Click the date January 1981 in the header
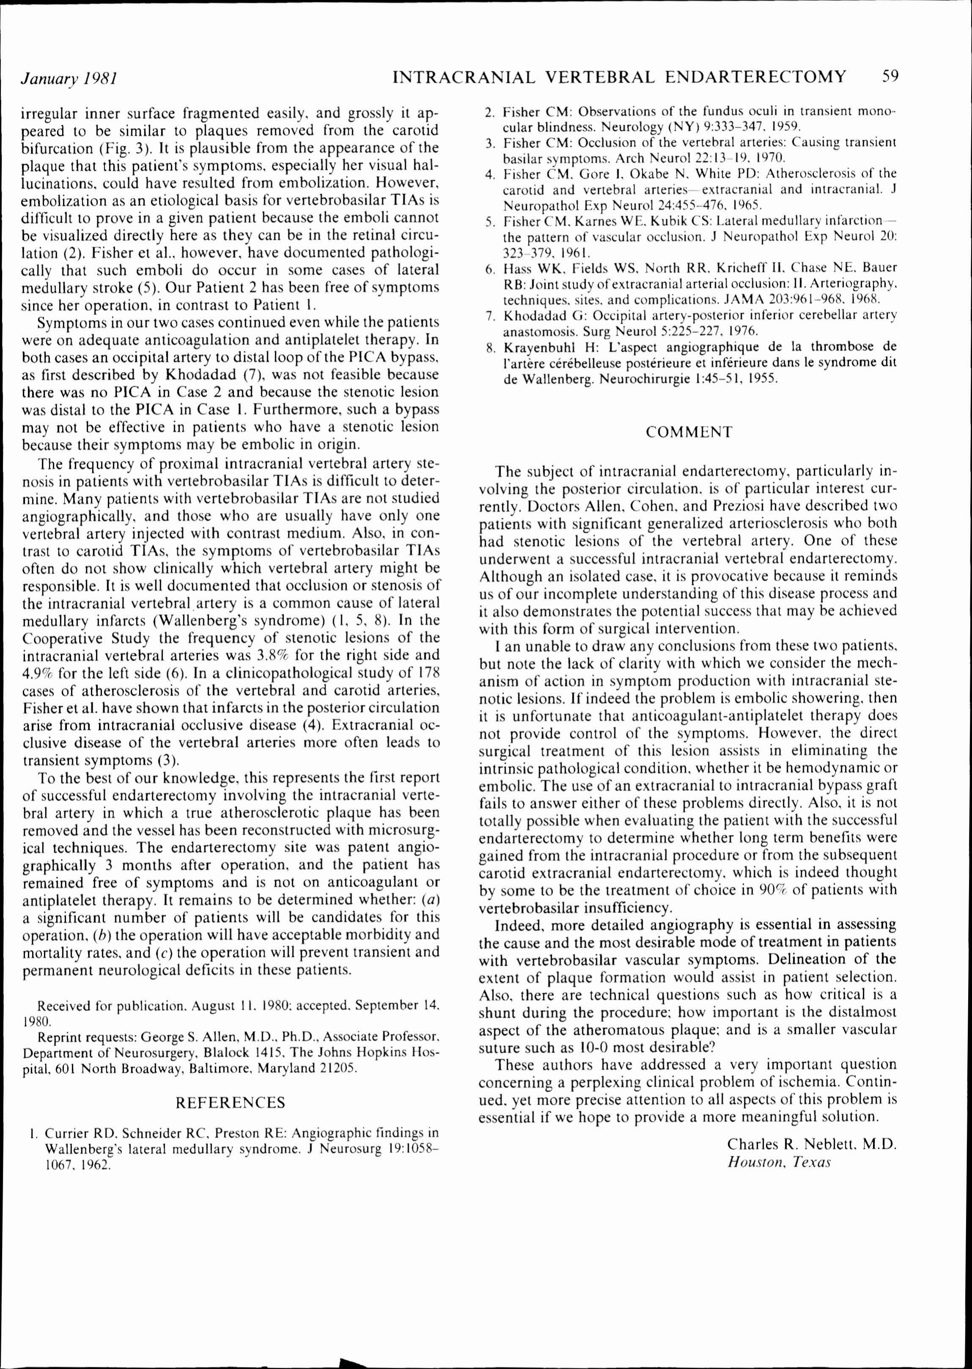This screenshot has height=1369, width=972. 68,78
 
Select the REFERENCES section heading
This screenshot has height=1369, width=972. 230,1102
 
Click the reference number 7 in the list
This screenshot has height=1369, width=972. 489,315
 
